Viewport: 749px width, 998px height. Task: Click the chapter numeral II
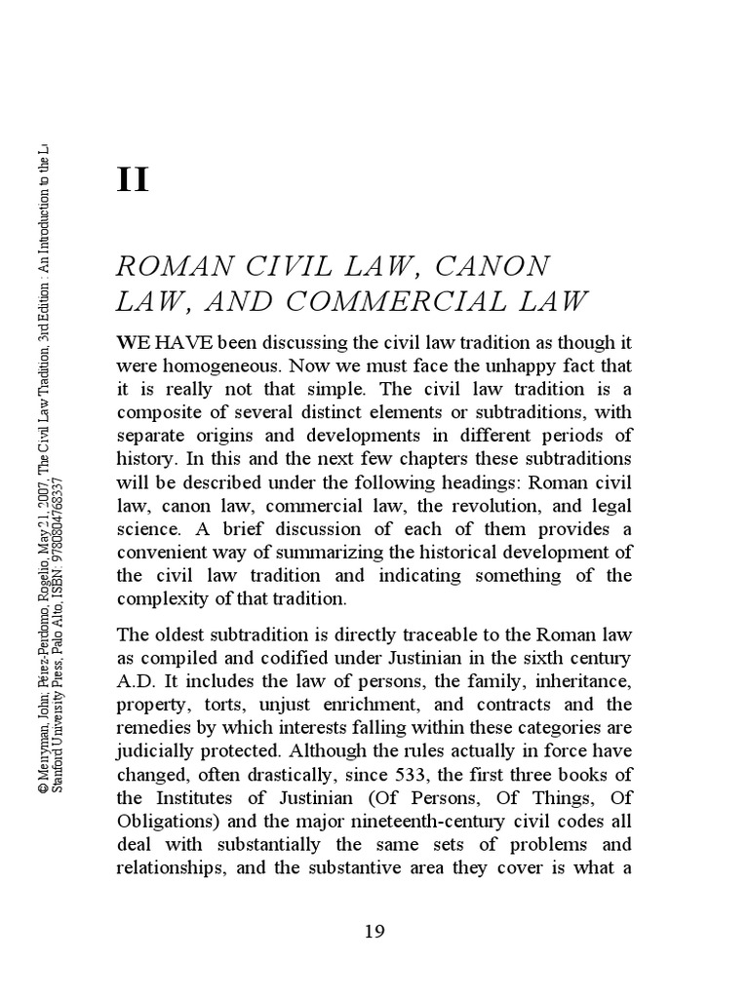click(x=133, y=180)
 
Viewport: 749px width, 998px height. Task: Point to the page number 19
click(x=374, y=931)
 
